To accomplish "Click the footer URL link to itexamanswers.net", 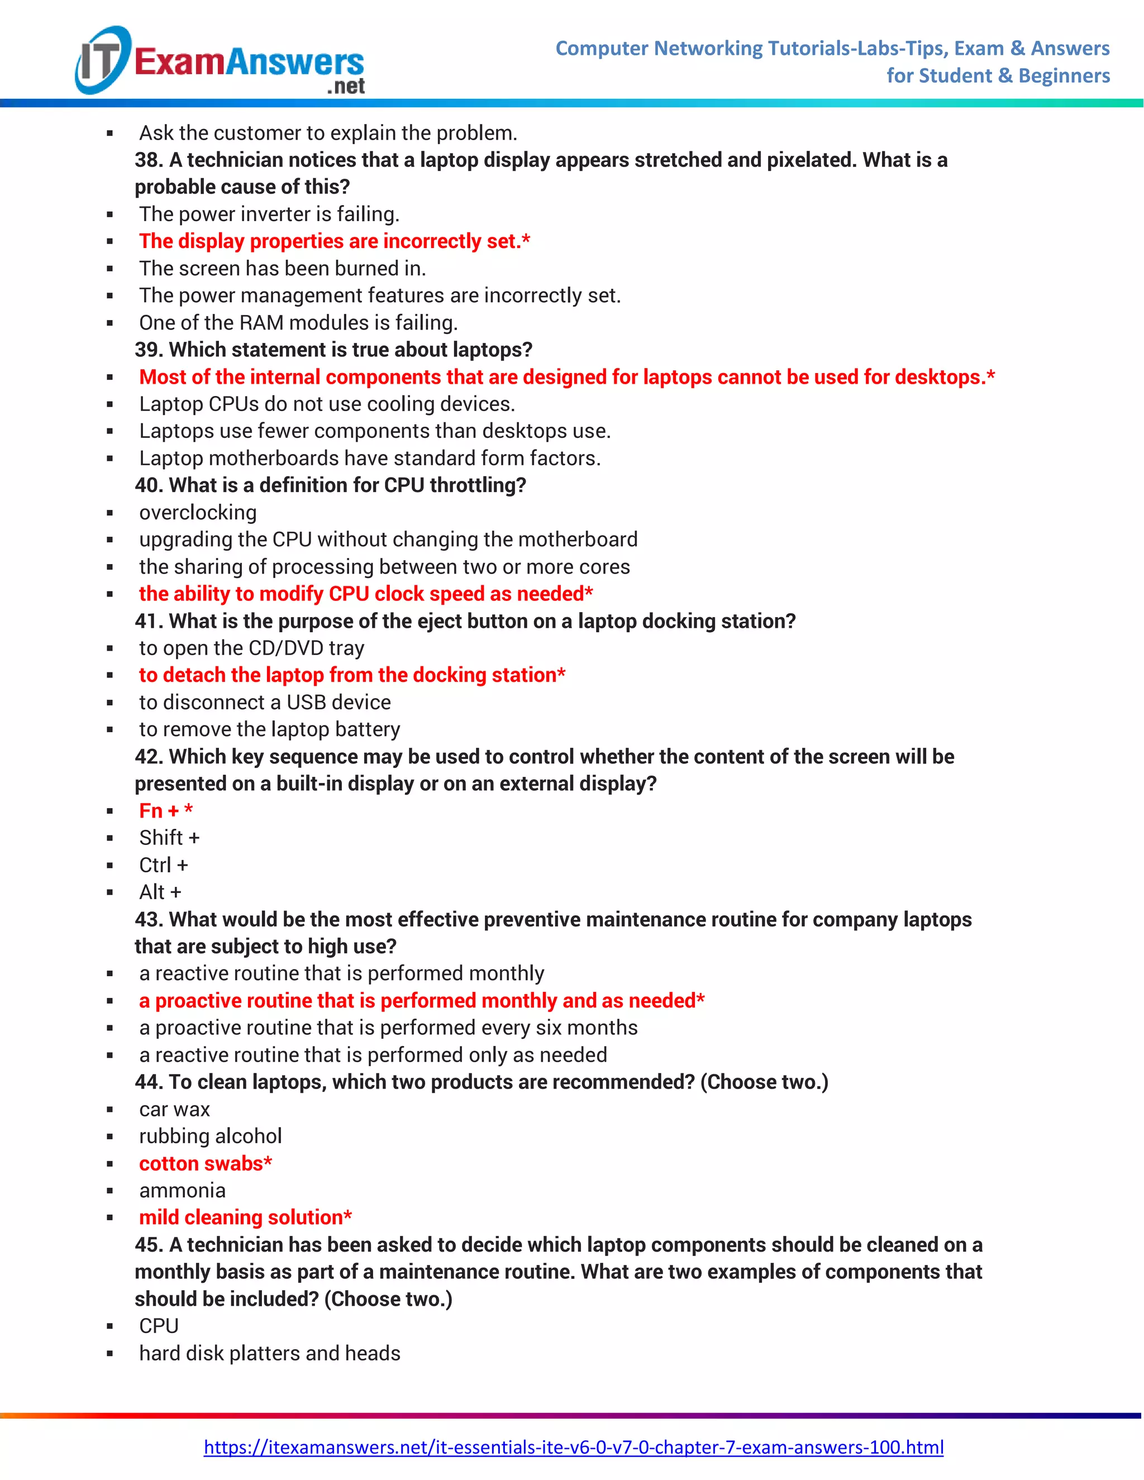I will point(573,1447).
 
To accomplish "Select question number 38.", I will point(149,160).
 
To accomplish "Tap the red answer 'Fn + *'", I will point(166,810).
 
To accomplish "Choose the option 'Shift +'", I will point(169,838).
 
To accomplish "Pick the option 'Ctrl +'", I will point(163,865).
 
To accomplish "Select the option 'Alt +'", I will point(160,892).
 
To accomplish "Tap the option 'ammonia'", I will point(182,1190).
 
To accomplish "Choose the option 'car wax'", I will point(174,1109).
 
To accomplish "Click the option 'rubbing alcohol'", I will point(210,1136).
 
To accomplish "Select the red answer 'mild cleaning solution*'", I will point(245,1217).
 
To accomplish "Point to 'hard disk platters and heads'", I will point(270,1353).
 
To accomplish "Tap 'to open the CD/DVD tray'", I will point(251,648).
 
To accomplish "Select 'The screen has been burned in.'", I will point(283,268).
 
